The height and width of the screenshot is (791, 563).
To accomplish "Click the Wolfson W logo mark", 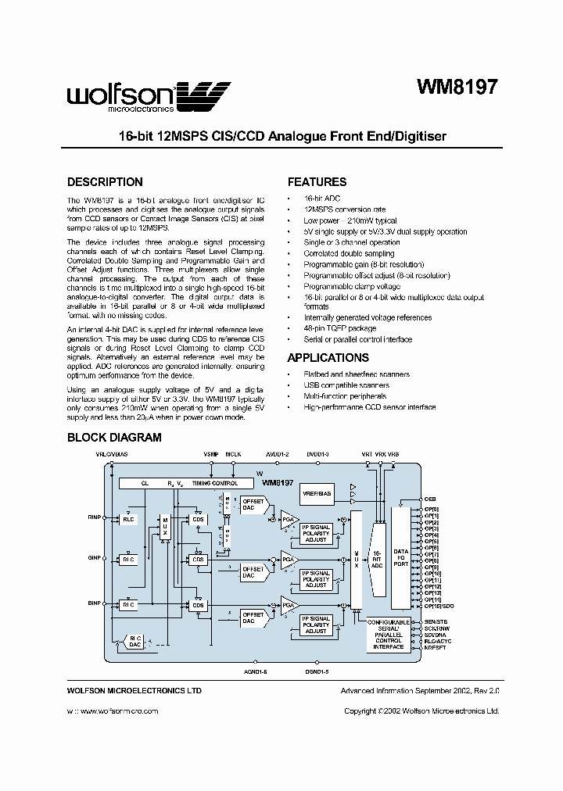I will (x=205, y=97).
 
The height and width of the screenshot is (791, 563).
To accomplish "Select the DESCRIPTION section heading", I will (x=105, y=182).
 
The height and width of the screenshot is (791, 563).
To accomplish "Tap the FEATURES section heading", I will (x=317, y=182).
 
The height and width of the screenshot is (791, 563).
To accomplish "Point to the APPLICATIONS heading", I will (x=328, y=358).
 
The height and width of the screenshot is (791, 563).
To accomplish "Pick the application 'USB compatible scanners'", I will (x=346, y=385).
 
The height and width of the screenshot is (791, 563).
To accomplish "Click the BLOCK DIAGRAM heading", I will (x=114, y=438).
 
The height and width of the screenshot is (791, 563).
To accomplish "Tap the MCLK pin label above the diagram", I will (x=233, y=454).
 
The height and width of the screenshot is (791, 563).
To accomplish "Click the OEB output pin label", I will (x=429, y=498).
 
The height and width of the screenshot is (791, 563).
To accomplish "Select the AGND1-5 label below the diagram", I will (x=256, y=671).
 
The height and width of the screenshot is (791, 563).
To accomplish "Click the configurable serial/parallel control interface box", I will (x=389, y=633).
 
